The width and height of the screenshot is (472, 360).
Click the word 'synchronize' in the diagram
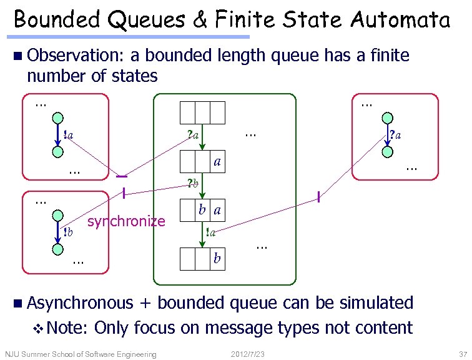tap(126, 221)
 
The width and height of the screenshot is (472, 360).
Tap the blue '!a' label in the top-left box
tap(69, 134)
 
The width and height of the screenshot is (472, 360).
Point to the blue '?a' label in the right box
tap(395, 134)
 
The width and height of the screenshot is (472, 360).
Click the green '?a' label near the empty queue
tap(193, 134)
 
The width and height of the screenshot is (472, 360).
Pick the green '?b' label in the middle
tap(193, 184)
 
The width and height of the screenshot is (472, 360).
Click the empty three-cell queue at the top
tap(202, 112)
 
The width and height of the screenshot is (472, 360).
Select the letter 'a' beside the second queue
tap(217, 161)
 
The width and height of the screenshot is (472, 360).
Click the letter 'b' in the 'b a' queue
tap(202, 210)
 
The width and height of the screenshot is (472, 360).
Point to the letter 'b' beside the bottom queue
tap(217, 257)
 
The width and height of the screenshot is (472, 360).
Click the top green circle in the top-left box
tap(57, 117)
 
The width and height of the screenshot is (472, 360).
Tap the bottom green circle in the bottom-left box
tap(57, 249)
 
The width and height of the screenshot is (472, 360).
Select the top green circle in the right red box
tap(388, 117)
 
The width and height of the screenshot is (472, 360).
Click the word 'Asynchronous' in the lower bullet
tap(80, 303)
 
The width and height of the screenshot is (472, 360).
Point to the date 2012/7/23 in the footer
tap(247, 354)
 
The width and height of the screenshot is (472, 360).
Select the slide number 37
tap(463, 354)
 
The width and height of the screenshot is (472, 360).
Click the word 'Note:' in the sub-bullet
tap(68, 327)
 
